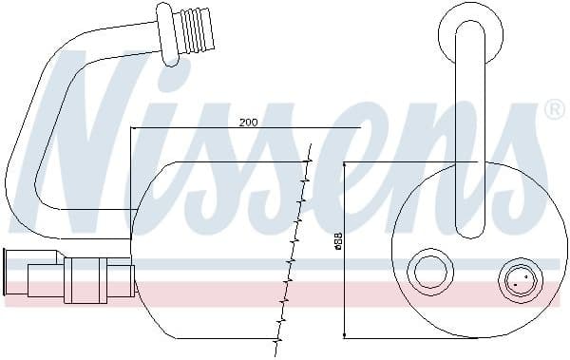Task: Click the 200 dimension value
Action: coord(249,123)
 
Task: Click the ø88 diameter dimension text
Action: coord(338,245)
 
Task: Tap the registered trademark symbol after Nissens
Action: coord(555,111)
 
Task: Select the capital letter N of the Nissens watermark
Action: coord(90,142)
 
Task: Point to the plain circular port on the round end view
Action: coord(427,273)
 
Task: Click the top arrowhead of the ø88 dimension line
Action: coord(345,165)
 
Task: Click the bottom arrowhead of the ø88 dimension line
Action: coord(345,332)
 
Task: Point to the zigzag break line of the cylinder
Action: coord(294,247)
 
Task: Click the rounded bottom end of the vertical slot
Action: coord(468,228)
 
